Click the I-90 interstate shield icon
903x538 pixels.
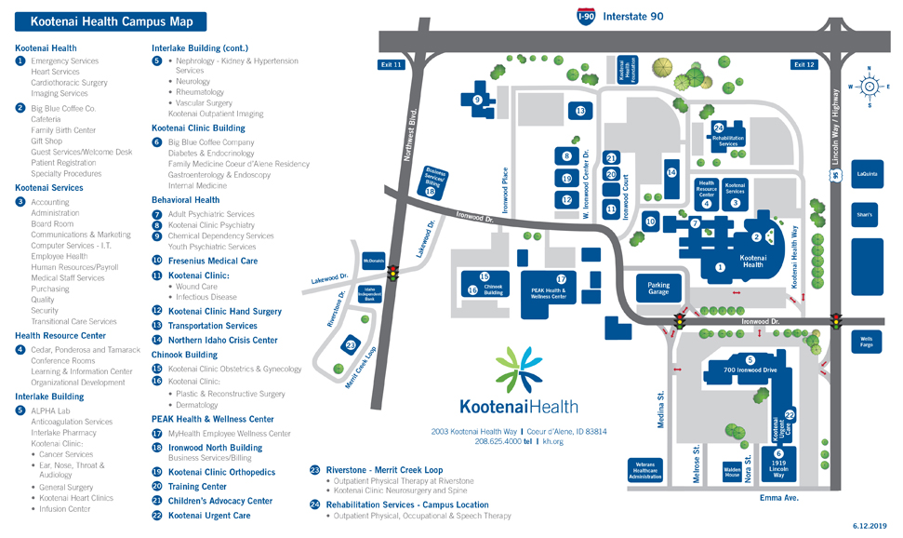tap(585, 16)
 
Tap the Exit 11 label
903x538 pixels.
tap(391, 64)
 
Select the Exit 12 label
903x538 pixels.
tap(803, 64)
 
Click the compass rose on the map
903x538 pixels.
tap(870, 86)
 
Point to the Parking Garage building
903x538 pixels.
tap(658, 289)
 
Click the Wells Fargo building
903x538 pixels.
tap(866, 343)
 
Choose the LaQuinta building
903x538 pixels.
tap(867, 173)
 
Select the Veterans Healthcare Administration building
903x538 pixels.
tap(645, 469)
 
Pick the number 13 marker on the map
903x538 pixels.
tap(580, 111)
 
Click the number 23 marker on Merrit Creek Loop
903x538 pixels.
tap(351, 345)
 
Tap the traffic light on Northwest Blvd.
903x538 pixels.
tap(392, 276)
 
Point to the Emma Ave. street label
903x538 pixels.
tap(778, 498)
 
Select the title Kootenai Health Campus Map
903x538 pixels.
tap(105, 20)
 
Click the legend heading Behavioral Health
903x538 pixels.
tap(185, 199)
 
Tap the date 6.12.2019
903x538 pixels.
tap(870, 527)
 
